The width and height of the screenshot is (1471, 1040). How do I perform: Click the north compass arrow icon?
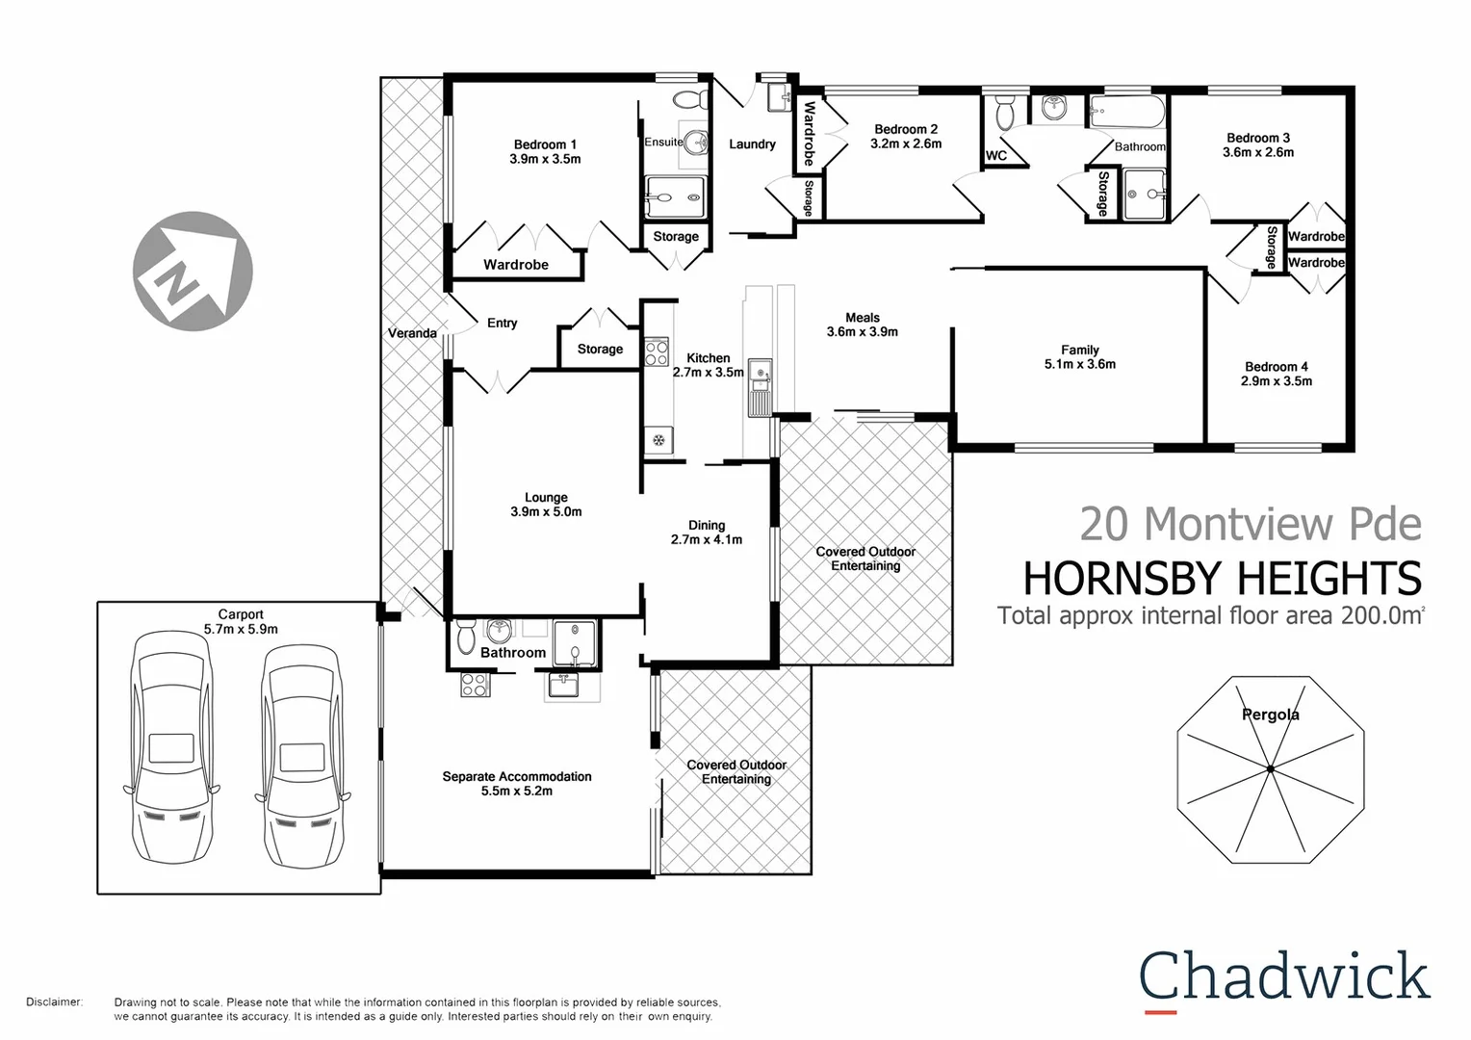tap(193, 271)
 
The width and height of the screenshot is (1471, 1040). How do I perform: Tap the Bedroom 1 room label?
tap(545, 152)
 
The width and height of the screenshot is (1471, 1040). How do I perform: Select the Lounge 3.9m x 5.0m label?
tap(546, 505)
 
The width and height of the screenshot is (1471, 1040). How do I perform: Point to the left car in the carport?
tap(172, 746)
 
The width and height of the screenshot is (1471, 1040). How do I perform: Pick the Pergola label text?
tap(1270, 715)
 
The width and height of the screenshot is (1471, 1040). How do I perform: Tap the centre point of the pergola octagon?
tap(1271, 768)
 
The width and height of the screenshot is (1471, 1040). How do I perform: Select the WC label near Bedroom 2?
tap(996, 155)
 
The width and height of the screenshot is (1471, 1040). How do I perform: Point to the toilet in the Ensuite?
tap(688, 99)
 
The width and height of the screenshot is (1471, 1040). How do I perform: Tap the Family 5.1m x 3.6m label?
tap(1079, 357)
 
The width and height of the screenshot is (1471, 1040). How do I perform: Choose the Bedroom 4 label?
tap(1276, 374)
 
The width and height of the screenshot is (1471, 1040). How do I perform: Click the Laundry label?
tap(752, 144)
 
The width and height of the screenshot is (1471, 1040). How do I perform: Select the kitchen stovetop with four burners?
tap(657, 352)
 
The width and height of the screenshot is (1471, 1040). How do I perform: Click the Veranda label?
tap(412, 333)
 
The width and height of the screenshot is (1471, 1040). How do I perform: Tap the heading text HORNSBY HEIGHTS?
tap(1222, 579)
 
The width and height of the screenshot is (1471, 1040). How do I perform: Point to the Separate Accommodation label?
tap(517, 783)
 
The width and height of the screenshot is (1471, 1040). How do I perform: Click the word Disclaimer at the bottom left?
tap(54, 1002)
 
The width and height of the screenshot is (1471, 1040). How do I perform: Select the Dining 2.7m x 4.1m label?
tap(707, 533)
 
